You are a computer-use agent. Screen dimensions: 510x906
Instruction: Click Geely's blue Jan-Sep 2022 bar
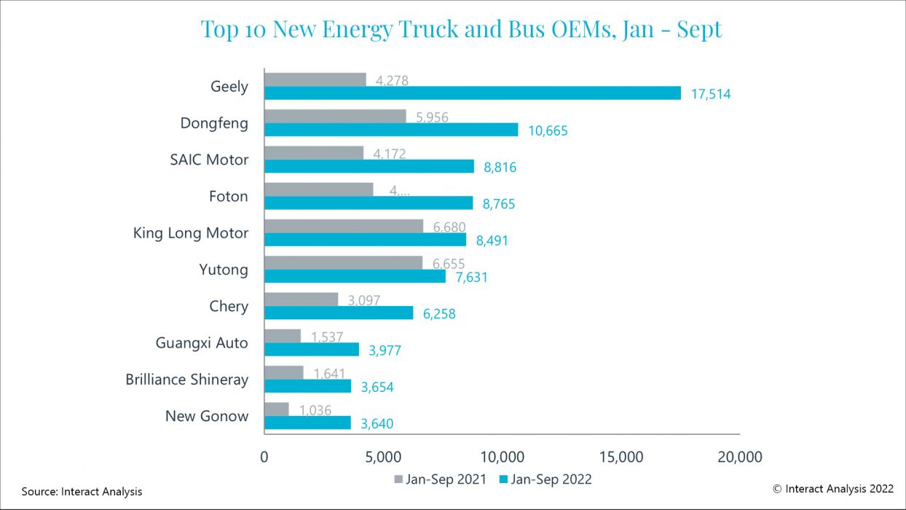(472, 93)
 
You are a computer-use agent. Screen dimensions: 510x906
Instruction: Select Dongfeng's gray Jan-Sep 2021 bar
(335, 117)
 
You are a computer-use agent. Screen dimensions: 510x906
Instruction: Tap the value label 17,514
(709, 94)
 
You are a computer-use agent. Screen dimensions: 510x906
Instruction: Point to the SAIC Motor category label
(209, 160)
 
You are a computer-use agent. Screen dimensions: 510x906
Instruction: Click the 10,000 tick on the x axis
(503, 457)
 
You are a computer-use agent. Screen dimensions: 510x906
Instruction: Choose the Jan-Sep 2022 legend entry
(545, 479)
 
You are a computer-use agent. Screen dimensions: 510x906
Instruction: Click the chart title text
(461, 29)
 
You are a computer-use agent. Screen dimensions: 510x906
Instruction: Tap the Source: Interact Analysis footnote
(82, 492)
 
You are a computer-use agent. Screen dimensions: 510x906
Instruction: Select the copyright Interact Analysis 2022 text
(832, 489)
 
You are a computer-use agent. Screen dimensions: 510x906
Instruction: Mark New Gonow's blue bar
(307, 423)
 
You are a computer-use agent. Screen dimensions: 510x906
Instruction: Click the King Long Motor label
(191, 233)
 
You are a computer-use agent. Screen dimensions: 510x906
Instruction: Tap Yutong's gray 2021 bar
(343, 263)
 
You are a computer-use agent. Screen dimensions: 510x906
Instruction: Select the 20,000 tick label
(739, 457)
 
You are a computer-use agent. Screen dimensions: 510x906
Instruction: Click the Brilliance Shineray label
(186, 380)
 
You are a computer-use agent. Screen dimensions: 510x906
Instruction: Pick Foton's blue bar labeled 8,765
(368, 203)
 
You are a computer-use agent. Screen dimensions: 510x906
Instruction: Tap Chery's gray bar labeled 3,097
(301, 299)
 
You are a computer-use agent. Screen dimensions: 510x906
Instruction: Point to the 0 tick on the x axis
(264, 457)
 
